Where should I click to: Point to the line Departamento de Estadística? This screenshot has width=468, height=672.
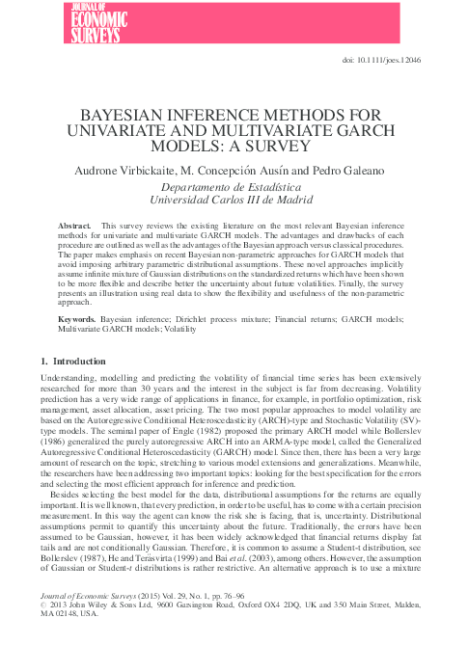pos(234,187)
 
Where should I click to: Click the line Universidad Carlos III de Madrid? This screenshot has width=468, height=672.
pos(234,201)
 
